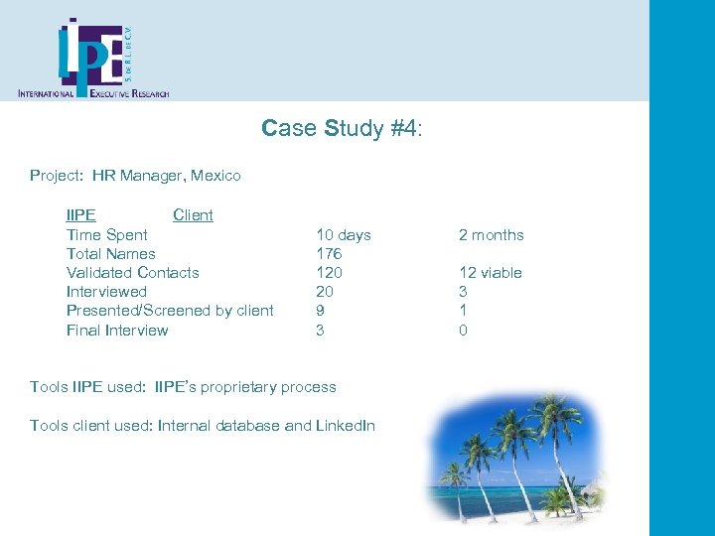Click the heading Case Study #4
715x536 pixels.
point(342,128)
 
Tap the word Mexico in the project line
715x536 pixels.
point(215,176)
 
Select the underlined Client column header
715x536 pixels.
point(193,215)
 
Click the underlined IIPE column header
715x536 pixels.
point(81,215)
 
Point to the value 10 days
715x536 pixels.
point(343,235)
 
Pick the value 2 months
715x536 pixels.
point(491,235)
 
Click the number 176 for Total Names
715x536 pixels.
point(329,254)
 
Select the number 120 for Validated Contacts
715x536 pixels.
point(329,273)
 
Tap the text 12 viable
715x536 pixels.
point(490,273)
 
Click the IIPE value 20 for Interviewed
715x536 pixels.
point(325,292)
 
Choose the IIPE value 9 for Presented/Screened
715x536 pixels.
point(320,311)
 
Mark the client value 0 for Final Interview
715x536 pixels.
point(463,331)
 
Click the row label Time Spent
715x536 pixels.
point(107,235)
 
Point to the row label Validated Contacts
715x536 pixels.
point(133,273)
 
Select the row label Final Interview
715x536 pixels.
point(117,331)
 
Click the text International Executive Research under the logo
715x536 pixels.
point(93,93)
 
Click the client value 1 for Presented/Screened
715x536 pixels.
point(463,311)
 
